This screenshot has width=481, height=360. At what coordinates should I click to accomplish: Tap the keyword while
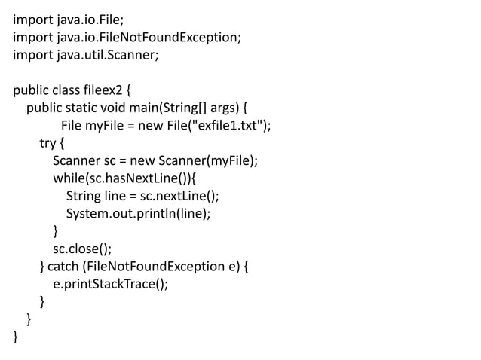(x=69, y=178)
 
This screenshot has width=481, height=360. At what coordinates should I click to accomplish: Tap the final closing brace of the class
(x=16, y=337)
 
